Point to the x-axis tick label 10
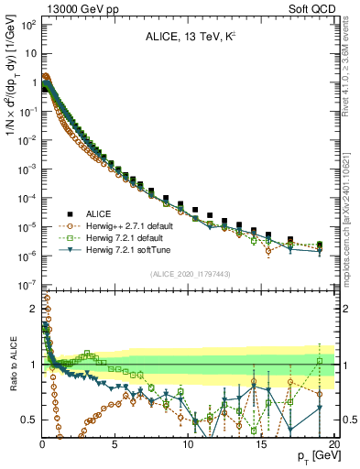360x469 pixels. coord(189,442)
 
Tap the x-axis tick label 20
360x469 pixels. coord(333,442)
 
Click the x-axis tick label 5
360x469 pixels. coord(115,442)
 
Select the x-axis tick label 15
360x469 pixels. coord(261,442)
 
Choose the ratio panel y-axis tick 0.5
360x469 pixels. coord(29,420)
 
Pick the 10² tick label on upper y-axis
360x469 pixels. coord(27,25)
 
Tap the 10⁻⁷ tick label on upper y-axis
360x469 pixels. coord(27,286)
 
